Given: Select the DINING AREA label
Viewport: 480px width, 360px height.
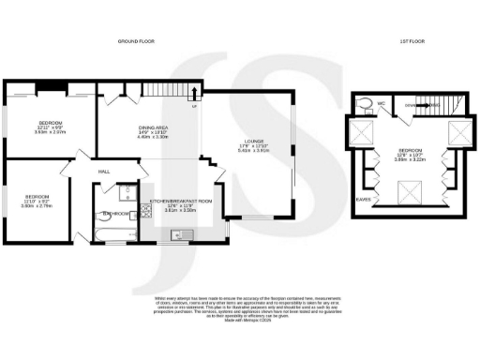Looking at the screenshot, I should pos(153,127).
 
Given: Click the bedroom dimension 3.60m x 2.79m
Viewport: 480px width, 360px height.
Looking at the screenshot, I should pos(37,203).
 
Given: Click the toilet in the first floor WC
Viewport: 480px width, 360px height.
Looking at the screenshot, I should pos(370,105).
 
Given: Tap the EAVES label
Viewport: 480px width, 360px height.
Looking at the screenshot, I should pos(362,199).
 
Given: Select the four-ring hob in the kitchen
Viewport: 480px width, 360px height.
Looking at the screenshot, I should pos(142,212).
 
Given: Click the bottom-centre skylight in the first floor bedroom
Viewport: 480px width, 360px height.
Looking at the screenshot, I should pos(409,195).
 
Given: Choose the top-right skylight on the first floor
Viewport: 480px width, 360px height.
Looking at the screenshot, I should pos(458,130).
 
